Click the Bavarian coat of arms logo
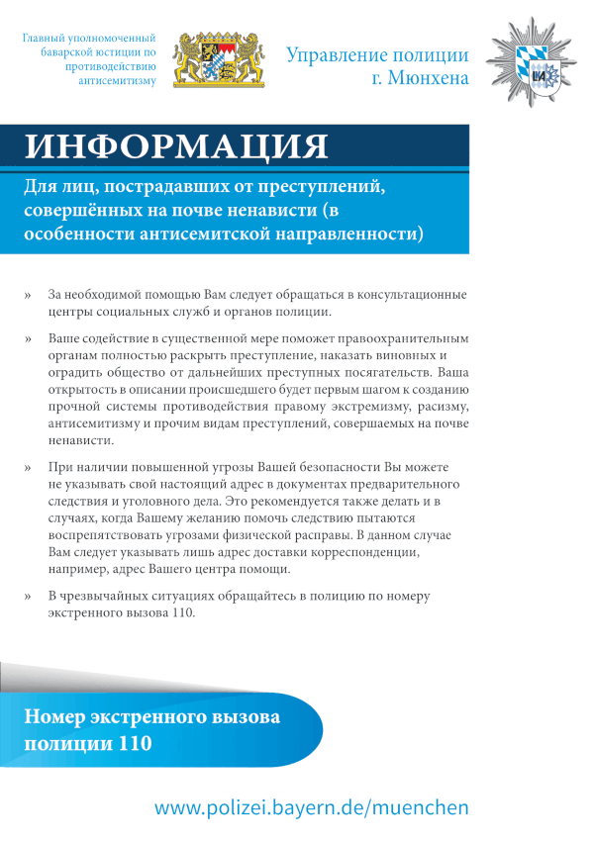pos(220,62)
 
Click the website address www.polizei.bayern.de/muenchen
pos(312,808)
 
